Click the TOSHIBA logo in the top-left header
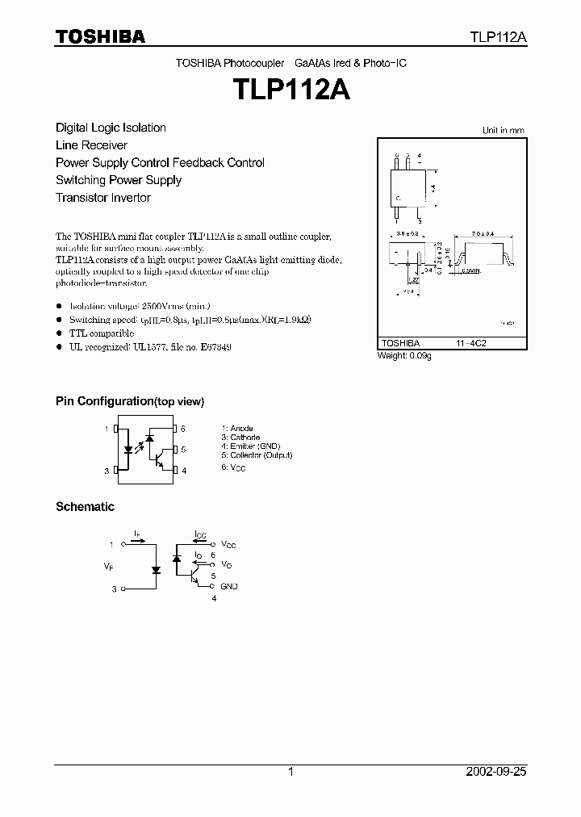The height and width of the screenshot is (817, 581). pos(100,36)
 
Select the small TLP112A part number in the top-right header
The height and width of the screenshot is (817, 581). pos(499,37)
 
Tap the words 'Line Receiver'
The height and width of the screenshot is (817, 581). pos(91,145)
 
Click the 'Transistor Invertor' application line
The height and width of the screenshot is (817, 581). pos(102,198)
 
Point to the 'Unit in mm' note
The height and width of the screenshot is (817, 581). pos(503,130)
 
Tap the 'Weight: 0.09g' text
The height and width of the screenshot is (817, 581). pos(404,356)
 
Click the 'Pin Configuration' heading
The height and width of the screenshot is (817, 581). pos(129,401)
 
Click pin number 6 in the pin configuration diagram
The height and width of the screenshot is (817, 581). pos(183,429)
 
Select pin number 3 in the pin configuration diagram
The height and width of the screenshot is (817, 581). pos(106,471)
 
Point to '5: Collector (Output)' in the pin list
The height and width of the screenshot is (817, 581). pos(257,455)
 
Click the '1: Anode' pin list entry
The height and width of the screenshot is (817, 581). pos(237,429)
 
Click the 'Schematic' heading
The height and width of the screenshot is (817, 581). pos(85,507)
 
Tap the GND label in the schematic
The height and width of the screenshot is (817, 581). pos(229,586)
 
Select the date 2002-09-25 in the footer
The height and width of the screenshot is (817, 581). pos(496,772)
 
